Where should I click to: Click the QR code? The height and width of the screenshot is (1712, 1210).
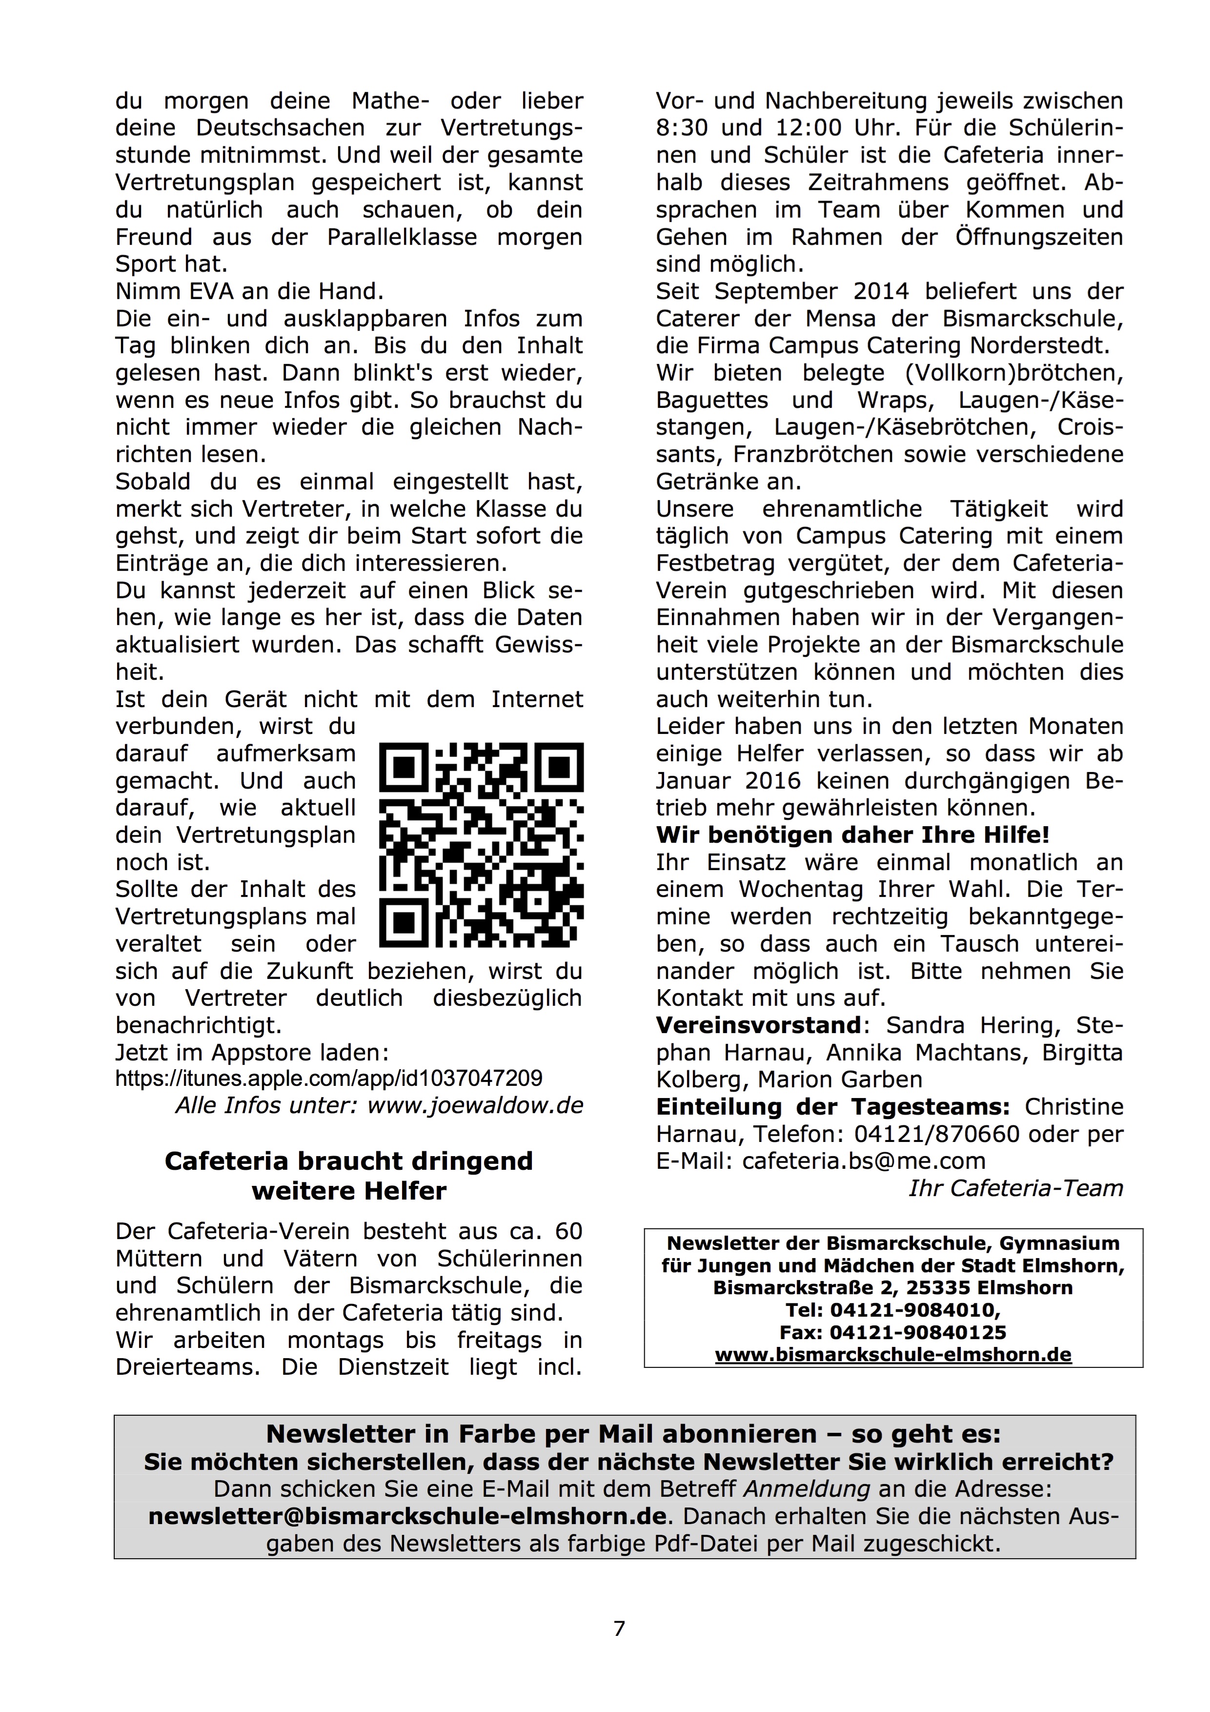coord(481,845)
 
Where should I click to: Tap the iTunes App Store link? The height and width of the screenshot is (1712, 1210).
coord(329,1078)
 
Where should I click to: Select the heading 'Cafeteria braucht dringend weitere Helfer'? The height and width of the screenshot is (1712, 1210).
coord(349,1176)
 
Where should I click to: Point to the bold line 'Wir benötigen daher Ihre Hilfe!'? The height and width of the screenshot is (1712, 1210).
coord(852,835)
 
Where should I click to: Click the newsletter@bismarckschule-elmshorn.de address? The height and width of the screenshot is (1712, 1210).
coord(407,1517)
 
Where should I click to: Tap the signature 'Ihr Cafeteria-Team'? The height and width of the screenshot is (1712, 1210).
coord(1015,1188)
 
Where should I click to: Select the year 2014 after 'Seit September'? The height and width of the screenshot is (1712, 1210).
coord(883,291)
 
